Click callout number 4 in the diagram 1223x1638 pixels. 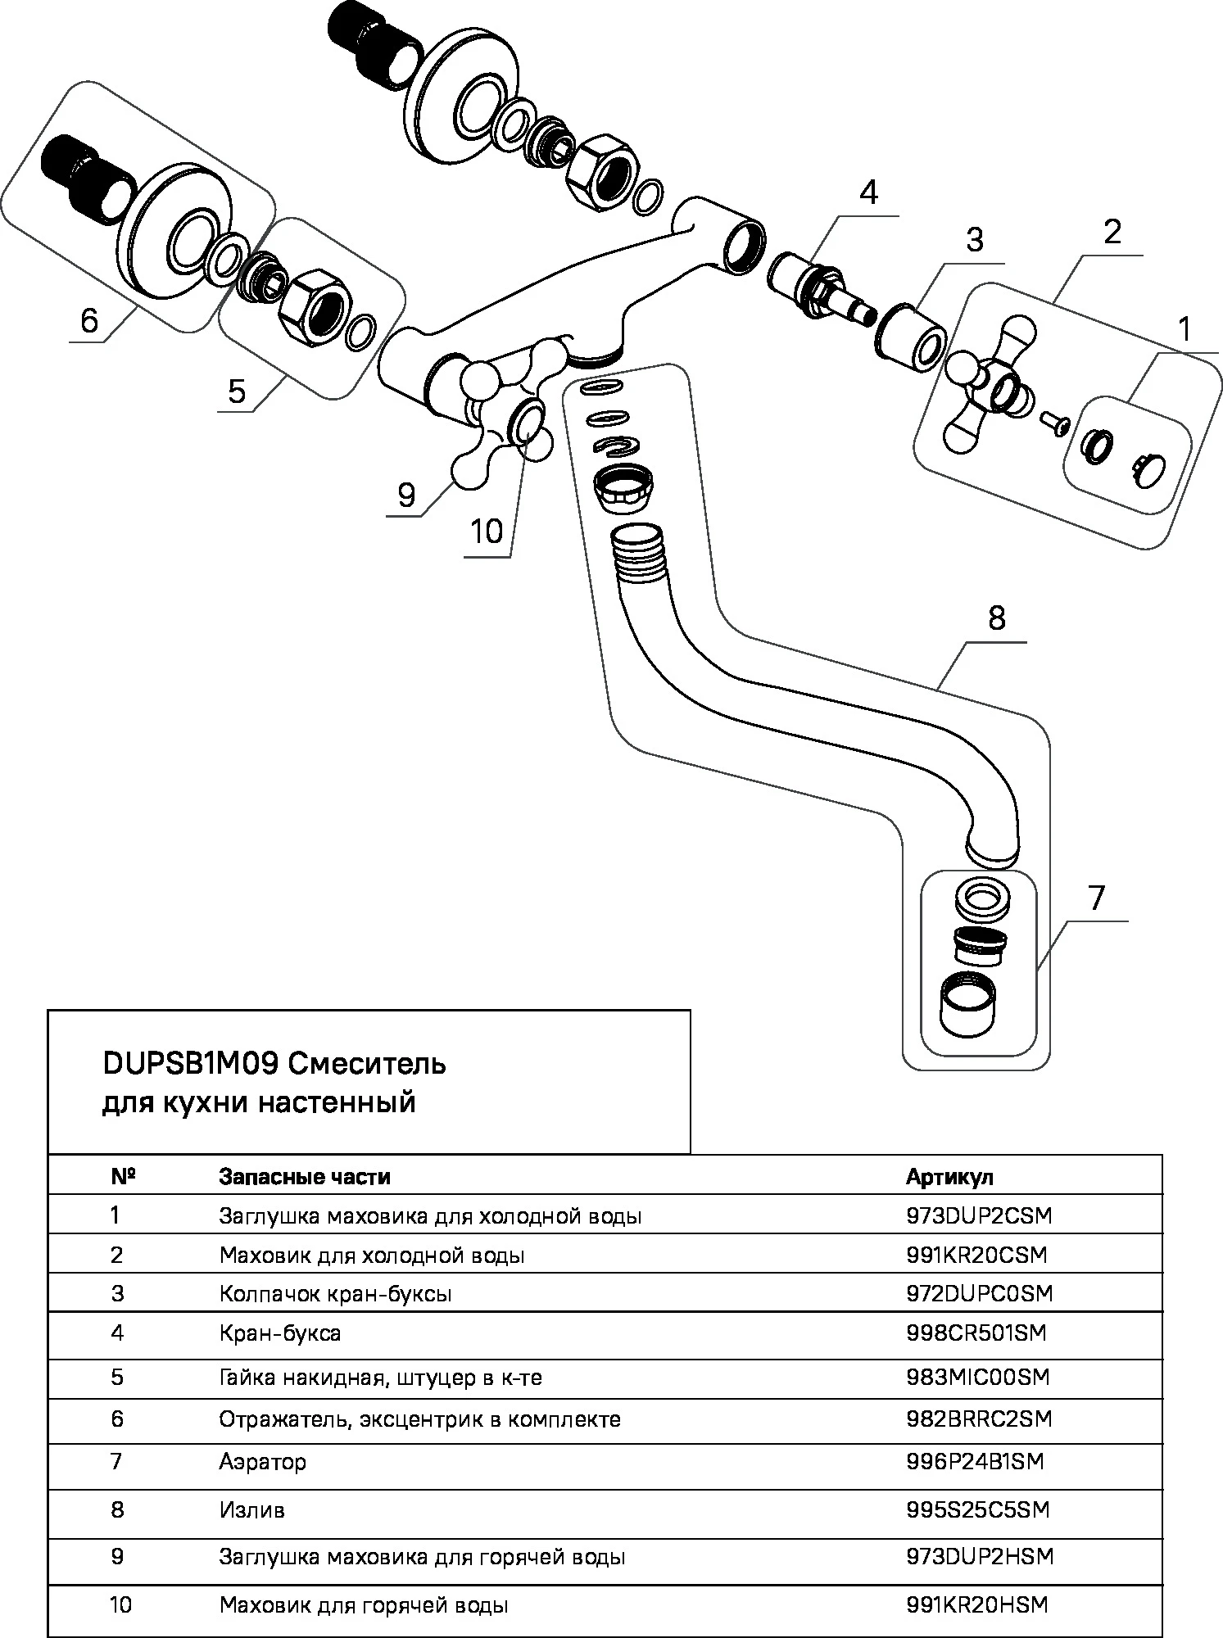click(868, 194)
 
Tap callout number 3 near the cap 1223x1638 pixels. click(974, 241)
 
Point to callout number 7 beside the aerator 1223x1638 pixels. click(1097, 898)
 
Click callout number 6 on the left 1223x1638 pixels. click(89, 320)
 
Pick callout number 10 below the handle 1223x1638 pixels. click(487, 532)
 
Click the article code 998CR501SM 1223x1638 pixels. click(976, 1333)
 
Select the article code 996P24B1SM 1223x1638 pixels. click(975, 1462)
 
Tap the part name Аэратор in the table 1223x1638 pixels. click(262, 1462)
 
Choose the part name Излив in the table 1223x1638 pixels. click(251, 1509)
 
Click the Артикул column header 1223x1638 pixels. click(949, 1177)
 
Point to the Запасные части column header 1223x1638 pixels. click(304, 1177)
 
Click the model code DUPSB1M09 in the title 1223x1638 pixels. click(191, 1064)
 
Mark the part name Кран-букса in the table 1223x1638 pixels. click(279, 1333)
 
